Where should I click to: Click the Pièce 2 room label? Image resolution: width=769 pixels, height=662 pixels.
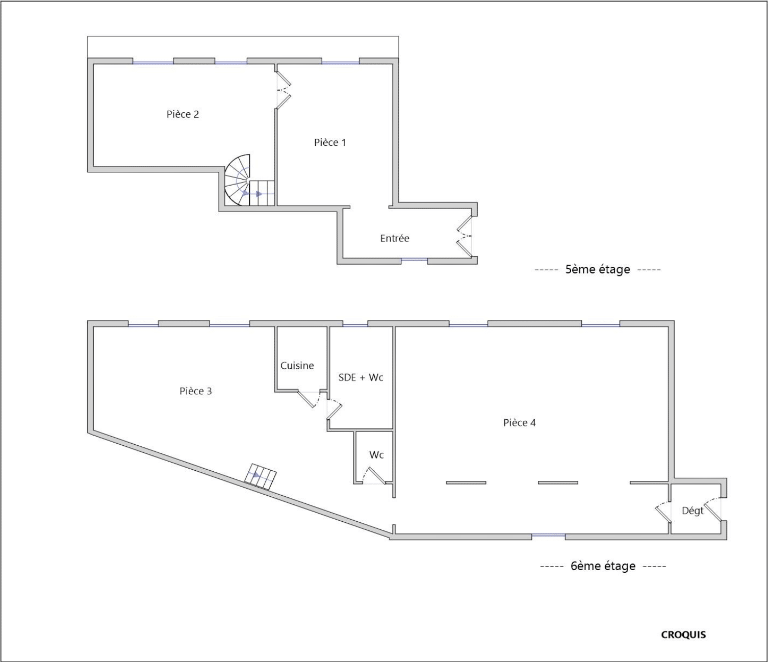(x=183, y=114)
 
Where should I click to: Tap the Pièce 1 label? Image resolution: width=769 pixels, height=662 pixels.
(x=330, y=142)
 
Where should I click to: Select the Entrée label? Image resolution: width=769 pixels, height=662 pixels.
(x=395, y=238)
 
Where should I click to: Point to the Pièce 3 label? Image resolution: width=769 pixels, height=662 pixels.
(x=196, y=391)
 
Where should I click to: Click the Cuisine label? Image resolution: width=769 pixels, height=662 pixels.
(x=297, y=365)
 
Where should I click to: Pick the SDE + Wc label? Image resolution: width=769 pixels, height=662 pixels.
(x=361, y=377)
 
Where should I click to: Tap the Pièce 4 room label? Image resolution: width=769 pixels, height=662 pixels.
(x=519, y=423)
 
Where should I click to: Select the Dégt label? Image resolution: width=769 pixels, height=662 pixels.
(x=693, y=511)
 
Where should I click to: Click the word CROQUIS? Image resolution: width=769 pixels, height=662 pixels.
(x=683, y=634)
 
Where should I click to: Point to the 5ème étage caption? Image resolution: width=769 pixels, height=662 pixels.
(x=598, y=269)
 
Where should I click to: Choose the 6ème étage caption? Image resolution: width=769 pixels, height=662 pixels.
(x=603, y=566)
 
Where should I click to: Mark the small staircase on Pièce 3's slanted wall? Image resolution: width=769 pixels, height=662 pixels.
(x=261, y=477)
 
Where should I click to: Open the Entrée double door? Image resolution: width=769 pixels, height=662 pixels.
(x=464, y=236)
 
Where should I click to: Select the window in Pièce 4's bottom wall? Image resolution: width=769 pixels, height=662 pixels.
(x=548, y=536)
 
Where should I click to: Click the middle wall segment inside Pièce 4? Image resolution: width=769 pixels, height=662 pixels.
(x=558, y=482)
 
